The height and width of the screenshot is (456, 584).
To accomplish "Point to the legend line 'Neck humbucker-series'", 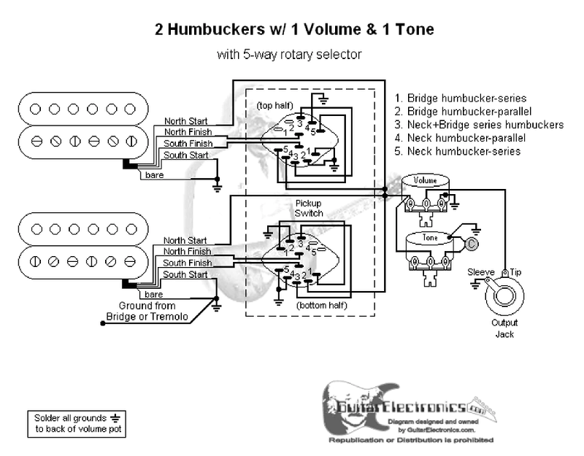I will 462,152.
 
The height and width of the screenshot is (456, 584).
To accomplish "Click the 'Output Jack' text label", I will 504,328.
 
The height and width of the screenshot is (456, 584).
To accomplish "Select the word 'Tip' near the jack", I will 515,272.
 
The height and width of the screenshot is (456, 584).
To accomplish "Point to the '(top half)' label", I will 274,105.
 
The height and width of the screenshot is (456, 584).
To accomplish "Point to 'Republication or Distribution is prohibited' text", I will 410,441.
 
